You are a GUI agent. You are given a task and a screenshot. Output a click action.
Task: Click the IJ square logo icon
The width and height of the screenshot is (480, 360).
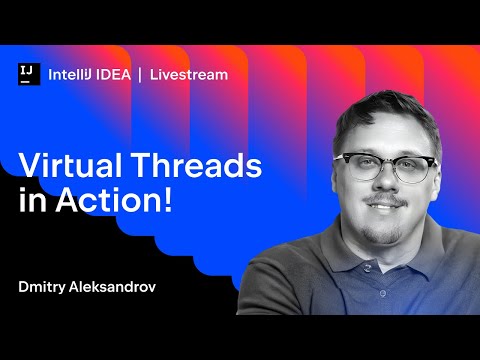[x=28, y=74]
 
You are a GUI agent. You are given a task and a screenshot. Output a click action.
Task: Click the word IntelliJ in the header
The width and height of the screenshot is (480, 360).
[x=73, y=74]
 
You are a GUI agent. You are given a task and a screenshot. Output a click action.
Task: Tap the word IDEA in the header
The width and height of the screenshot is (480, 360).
[x=115, y=74]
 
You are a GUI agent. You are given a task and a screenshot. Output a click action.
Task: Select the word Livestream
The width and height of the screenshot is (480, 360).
[x=189, y=74]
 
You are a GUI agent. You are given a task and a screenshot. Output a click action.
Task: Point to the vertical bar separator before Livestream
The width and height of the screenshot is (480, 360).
[x=141, y=74]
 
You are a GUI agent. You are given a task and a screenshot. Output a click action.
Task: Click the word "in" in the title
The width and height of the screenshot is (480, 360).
[x=31, y=199]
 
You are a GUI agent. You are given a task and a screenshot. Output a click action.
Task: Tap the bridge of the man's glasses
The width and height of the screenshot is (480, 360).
[x=386, y=163]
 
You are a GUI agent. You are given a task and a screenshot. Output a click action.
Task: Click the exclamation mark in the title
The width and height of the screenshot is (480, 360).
[x=167, y=199]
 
